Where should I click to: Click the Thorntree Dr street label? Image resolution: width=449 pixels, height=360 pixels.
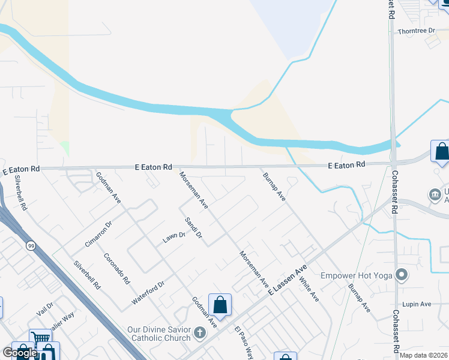pos(415,30)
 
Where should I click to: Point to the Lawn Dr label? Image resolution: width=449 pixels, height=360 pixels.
pos(173,237)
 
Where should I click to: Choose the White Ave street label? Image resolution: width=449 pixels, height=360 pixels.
pos(309,288)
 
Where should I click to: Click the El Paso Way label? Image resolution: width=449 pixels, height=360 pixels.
pos(244,340)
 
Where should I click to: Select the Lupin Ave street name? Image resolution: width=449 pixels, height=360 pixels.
pos(417,304)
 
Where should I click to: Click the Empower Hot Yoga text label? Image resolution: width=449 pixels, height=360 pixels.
pos(355,275)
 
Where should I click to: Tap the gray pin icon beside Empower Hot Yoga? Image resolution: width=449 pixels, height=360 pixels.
pos(402,276)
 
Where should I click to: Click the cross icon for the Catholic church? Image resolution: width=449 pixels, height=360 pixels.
pos(200,332)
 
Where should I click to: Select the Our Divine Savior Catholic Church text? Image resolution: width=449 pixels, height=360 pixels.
pos(159,334)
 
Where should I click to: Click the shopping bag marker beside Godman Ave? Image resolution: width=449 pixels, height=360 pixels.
pos(220,305)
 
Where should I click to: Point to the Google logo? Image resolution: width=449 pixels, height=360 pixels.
pos(19,353)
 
